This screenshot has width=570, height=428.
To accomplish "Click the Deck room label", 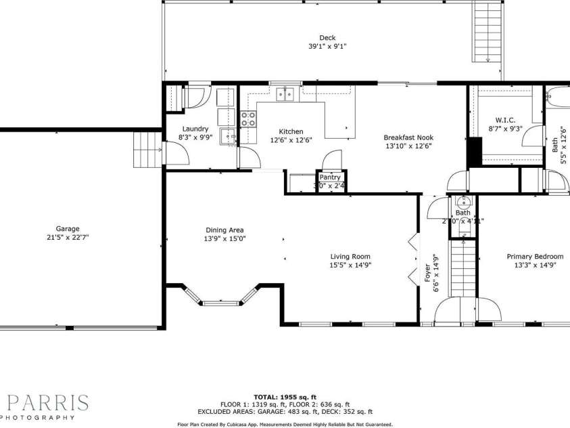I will [x=327, y=38].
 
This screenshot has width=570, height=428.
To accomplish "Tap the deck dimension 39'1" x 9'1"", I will [x=327, y=47].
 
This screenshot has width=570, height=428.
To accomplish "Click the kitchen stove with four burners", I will [x=248, y=119].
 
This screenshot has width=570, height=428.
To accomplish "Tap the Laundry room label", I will [x=195, y=129].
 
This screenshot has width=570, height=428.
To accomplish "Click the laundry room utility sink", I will [x=230, y=135].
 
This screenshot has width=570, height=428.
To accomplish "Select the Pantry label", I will [x=330, y=177].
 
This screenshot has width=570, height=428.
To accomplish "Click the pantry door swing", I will [x=332, y=160].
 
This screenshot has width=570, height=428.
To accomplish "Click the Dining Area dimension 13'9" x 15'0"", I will [x=224, y=239].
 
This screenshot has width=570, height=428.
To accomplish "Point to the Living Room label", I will [x=350, y=256].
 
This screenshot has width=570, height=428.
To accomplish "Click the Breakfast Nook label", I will [x=408, y=137].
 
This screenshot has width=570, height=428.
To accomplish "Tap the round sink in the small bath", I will [x=464, y=202].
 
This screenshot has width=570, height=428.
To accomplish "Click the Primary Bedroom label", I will [x=535, y=257].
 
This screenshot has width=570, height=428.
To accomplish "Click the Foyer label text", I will [x=427, y=273].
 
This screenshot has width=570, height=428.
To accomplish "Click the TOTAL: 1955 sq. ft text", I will [x=285, y=397].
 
